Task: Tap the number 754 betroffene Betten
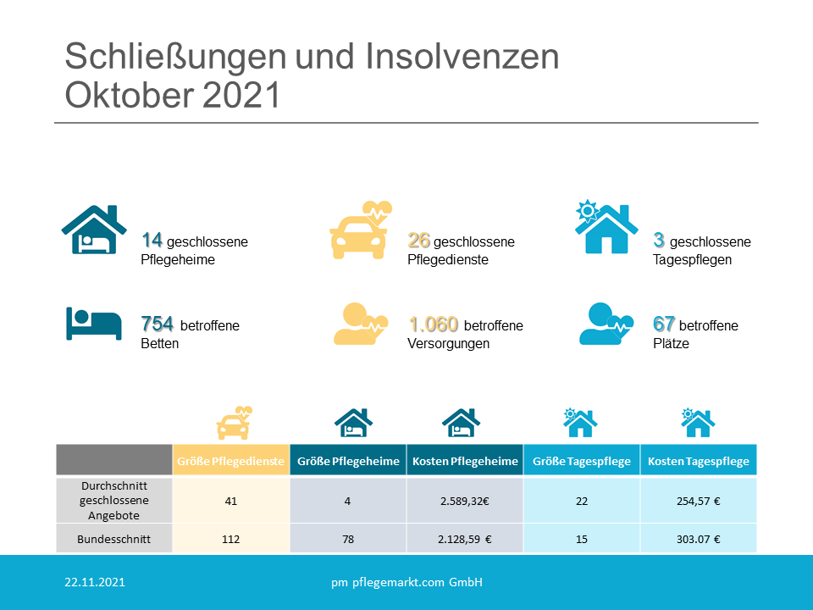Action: click(158, 324)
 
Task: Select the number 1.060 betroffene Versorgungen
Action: click(433, 324)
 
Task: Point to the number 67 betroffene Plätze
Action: click(663, 324)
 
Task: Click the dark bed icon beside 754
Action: click(93, 324)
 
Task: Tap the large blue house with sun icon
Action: click(606, 228)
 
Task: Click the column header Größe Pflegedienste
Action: click(230, 461)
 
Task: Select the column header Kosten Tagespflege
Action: click(699, 461)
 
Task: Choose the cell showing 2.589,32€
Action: click(464, 501)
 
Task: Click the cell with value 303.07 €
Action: click(699, 538)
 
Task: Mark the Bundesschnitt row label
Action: click(114, 538)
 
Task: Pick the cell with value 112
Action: click(230, 538)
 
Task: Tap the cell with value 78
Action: click(347, 538)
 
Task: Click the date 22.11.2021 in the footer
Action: click(95, 583)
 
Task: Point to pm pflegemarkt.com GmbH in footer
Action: click(406, 583)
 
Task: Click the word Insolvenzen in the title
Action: click(463, 57)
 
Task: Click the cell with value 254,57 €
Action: click(699, 501)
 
